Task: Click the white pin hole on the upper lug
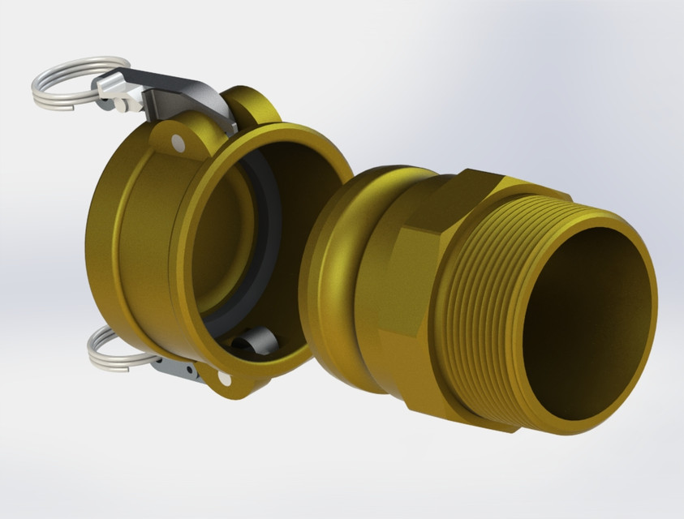177,144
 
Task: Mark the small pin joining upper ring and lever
119,103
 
